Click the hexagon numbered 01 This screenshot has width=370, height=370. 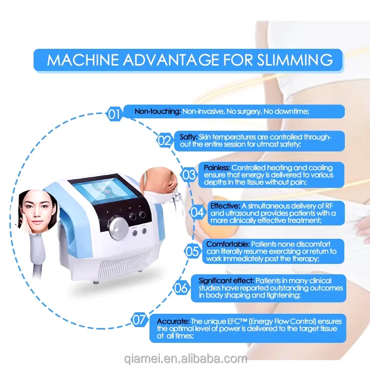tap(114, 115)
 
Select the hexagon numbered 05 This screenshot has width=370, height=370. tap(192, 251)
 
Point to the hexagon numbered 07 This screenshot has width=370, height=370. tap(140, 320)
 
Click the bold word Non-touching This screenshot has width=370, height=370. tap(158, 111)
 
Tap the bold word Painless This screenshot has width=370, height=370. tap(217, 168)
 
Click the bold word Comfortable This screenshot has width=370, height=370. tap(227, 244)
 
